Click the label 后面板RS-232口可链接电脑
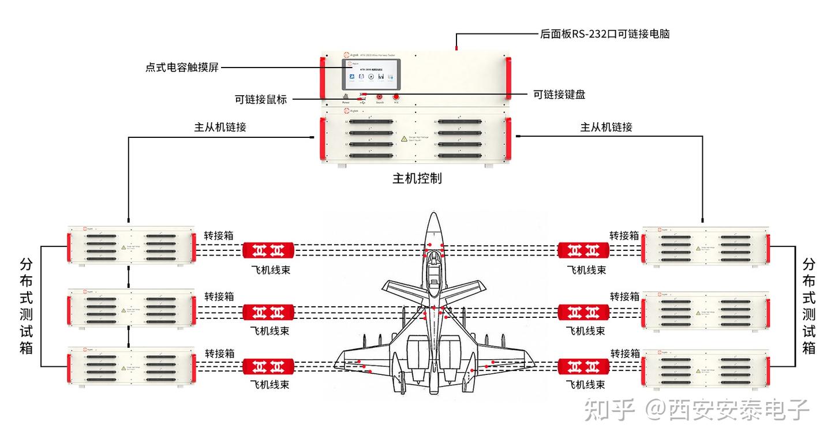pos(604,34)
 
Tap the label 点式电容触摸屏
pos(182,67)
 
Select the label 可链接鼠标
pos(260,99)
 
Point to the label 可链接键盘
pos(559,95)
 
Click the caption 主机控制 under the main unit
pos(417,178)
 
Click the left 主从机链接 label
pos(220,127)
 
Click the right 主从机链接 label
pos(606,127)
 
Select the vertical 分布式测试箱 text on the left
pos(27,306)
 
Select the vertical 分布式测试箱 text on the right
pos(809,306)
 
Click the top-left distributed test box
pos(131,246)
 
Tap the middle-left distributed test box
pos(131,308)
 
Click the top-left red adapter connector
pos(268,250)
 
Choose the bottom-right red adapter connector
pos(583,366)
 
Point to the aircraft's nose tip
pos(433,215)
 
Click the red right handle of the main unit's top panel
pos(508,78)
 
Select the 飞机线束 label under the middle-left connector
pos(269,331)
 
